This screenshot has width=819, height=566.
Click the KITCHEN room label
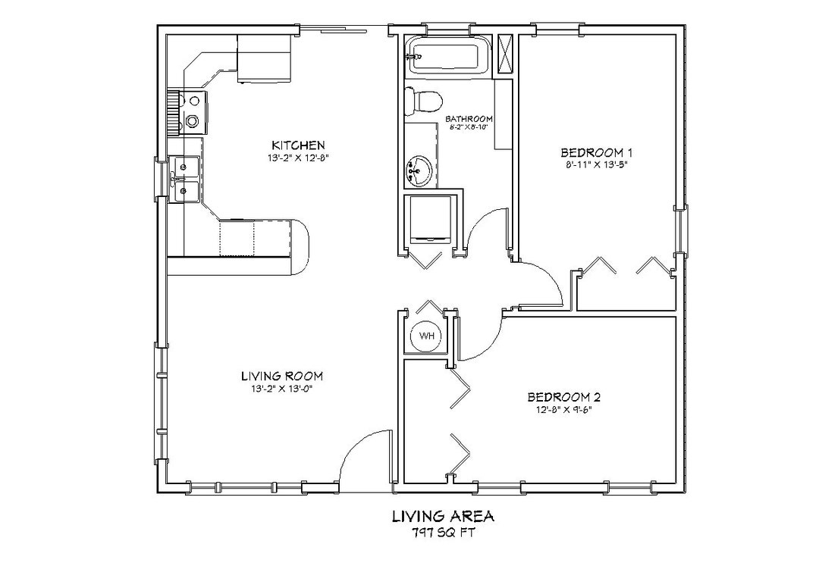298,145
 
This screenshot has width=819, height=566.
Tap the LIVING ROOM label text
282,376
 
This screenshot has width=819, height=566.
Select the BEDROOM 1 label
596,151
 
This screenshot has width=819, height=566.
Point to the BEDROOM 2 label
564,397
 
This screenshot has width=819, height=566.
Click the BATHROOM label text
469,119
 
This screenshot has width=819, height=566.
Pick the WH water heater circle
425,336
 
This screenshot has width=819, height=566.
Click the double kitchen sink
184,180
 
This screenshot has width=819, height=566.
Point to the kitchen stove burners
193,111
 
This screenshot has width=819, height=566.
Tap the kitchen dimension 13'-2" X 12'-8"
298,158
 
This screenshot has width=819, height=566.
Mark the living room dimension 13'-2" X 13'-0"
282,389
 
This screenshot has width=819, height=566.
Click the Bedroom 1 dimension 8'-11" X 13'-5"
596,164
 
